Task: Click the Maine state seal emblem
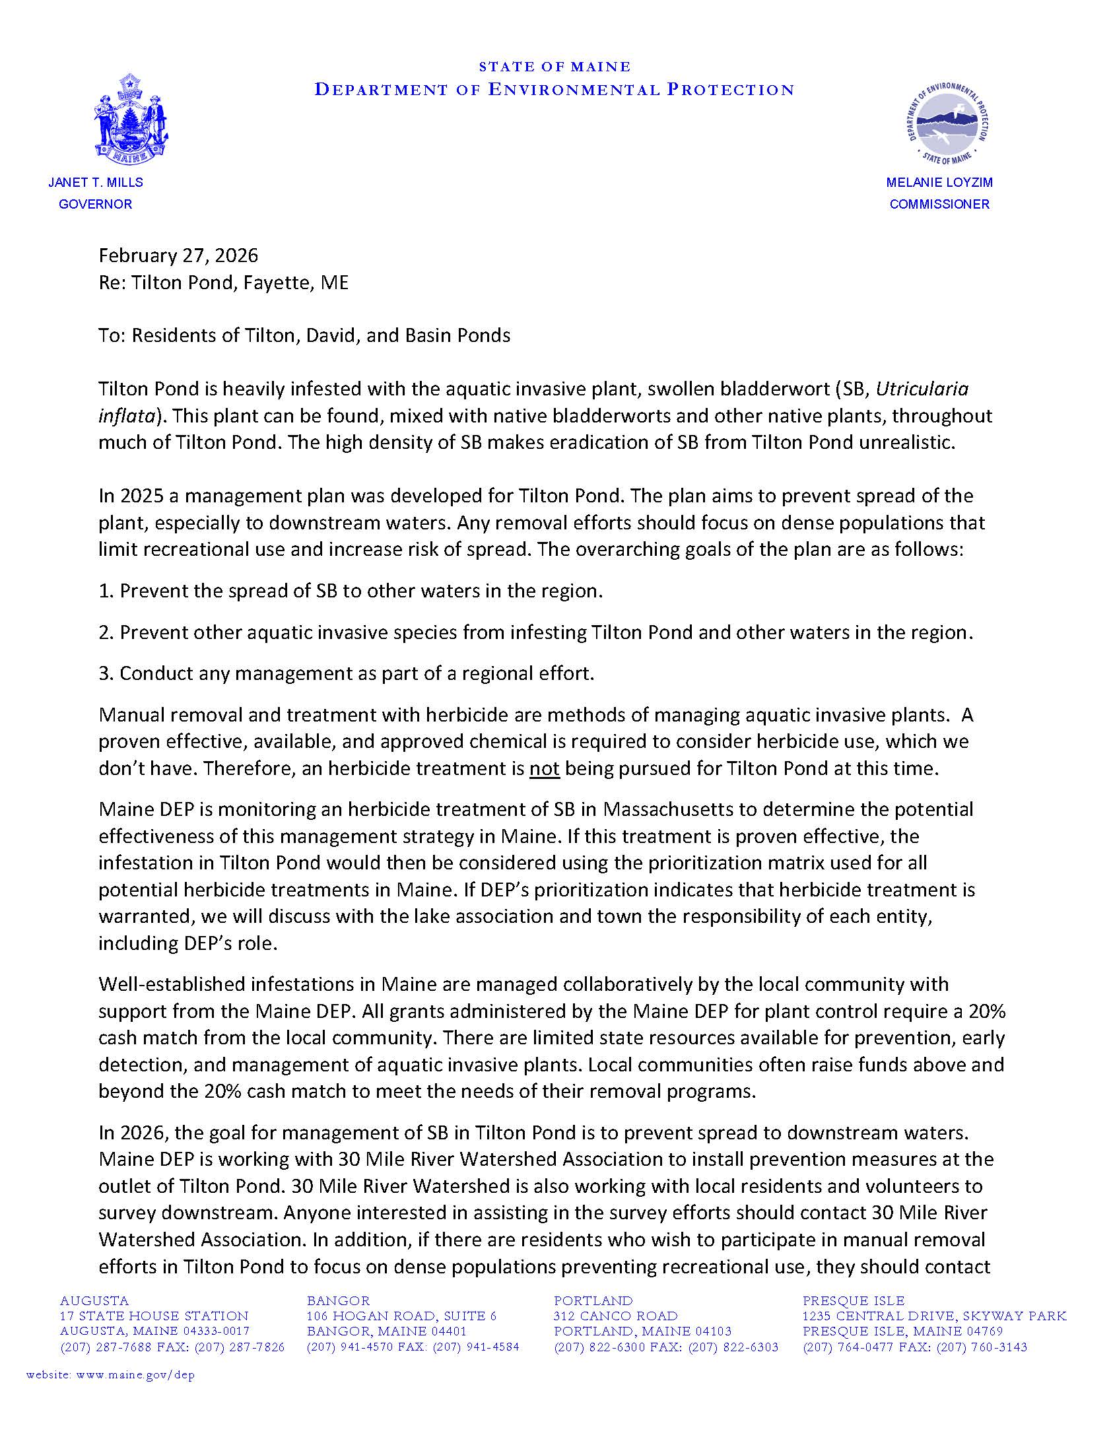[129, 119]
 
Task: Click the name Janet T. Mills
[96, 183]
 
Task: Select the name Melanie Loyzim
[939, 183]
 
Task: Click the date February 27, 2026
[178, 255]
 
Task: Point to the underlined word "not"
[544, 769]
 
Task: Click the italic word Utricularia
[922, 389]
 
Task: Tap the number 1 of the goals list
[104, 591]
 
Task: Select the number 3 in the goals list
[104, 674]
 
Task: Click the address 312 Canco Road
[615, 1316]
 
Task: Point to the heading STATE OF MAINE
[555, 67]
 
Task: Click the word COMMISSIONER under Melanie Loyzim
[939, 205]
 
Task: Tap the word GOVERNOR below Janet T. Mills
[96, 205]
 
